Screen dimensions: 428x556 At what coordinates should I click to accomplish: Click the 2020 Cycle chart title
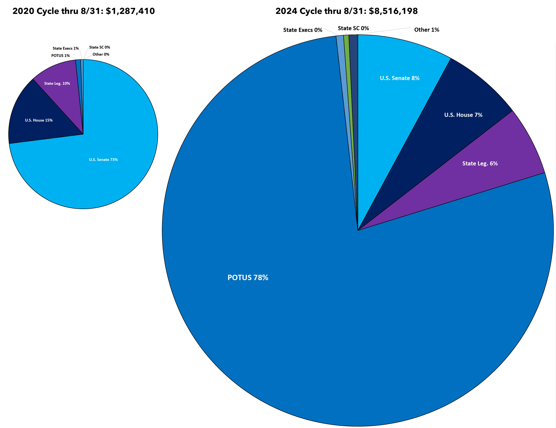(x=83, y=11)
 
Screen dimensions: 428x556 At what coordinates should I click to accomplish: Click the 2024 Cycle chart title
(x=346, y=11)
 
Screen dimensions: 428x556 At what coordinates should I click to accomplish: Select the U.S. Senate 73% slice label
(x=103, y=160)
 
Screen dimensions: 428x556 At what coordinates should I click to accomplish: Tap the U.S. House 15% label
(x=39, y=120)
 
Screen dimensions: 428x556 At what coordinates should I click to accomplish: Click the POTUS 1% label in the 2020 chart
(x=60, y=56)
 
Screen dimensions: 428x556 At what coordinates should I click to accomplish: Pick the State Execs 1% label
(x=65, y=48)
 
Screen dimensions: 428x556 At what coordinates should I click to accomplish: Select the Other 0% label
(x=101, y=54)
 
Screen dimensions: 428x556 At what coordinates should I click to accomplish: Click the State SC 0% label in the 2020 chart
(x=99, y=47)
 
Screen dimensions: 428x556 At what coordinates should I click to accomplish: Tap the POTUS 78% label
(x=248, y=277)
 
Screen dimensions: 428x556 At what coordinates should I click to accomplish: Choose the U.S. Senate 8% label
(x=399, y=78)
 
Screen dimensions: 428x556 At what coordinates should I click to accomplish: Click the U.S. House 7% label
(x=463, y=115)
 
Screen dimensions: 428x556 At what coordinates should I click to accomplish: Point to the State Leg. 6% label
(x=480, y=163)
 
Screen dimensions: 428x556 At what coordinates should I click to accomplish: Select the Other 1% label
(x=426, y=30)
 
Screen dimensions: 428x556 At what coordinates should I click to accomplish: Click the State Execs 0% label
(x=302, y=30)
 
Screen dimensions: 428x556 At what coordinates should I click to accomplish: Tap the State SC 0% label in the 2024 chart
(x=353, y=28)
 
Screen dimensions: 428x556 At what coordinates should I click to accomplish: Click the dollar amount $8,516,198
(x=393, y=11)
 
